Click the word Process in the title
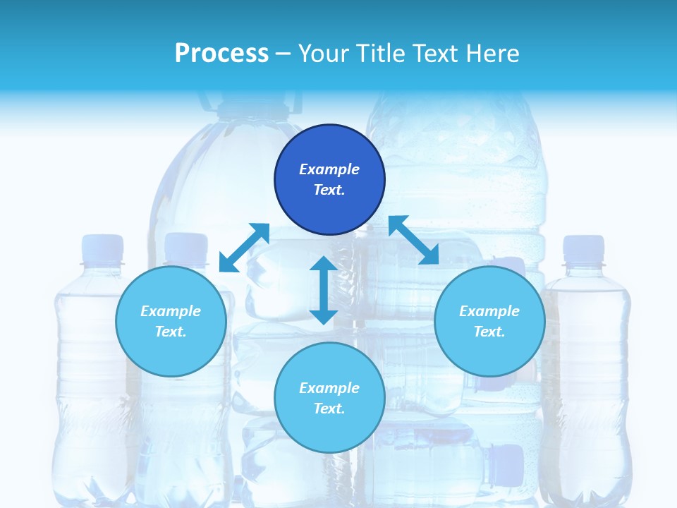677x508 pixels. [x=221, y=54]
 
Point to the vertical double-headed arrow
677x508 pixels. [x=324, y=290]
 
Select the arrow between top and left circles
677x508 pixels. [x=244, y=248]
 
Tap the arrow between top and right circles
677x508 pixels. [x=414, y=240]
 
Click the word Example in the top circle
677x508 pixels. [x=329, y=169]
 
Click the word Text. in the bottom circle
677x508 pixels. [x=329, y=409]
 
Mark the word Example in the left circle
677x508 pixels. [x=171, y=311]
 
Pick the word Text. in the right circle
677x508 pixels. [x=489, y=332]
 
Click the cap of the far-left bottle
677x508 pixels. [x=103, y=248]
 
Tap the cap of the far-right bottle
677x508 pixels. [x=583, y=248]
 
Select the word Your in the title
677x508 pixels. [x=322, y=54]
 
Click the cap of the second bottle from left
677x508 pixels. [x=186, y=248]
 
